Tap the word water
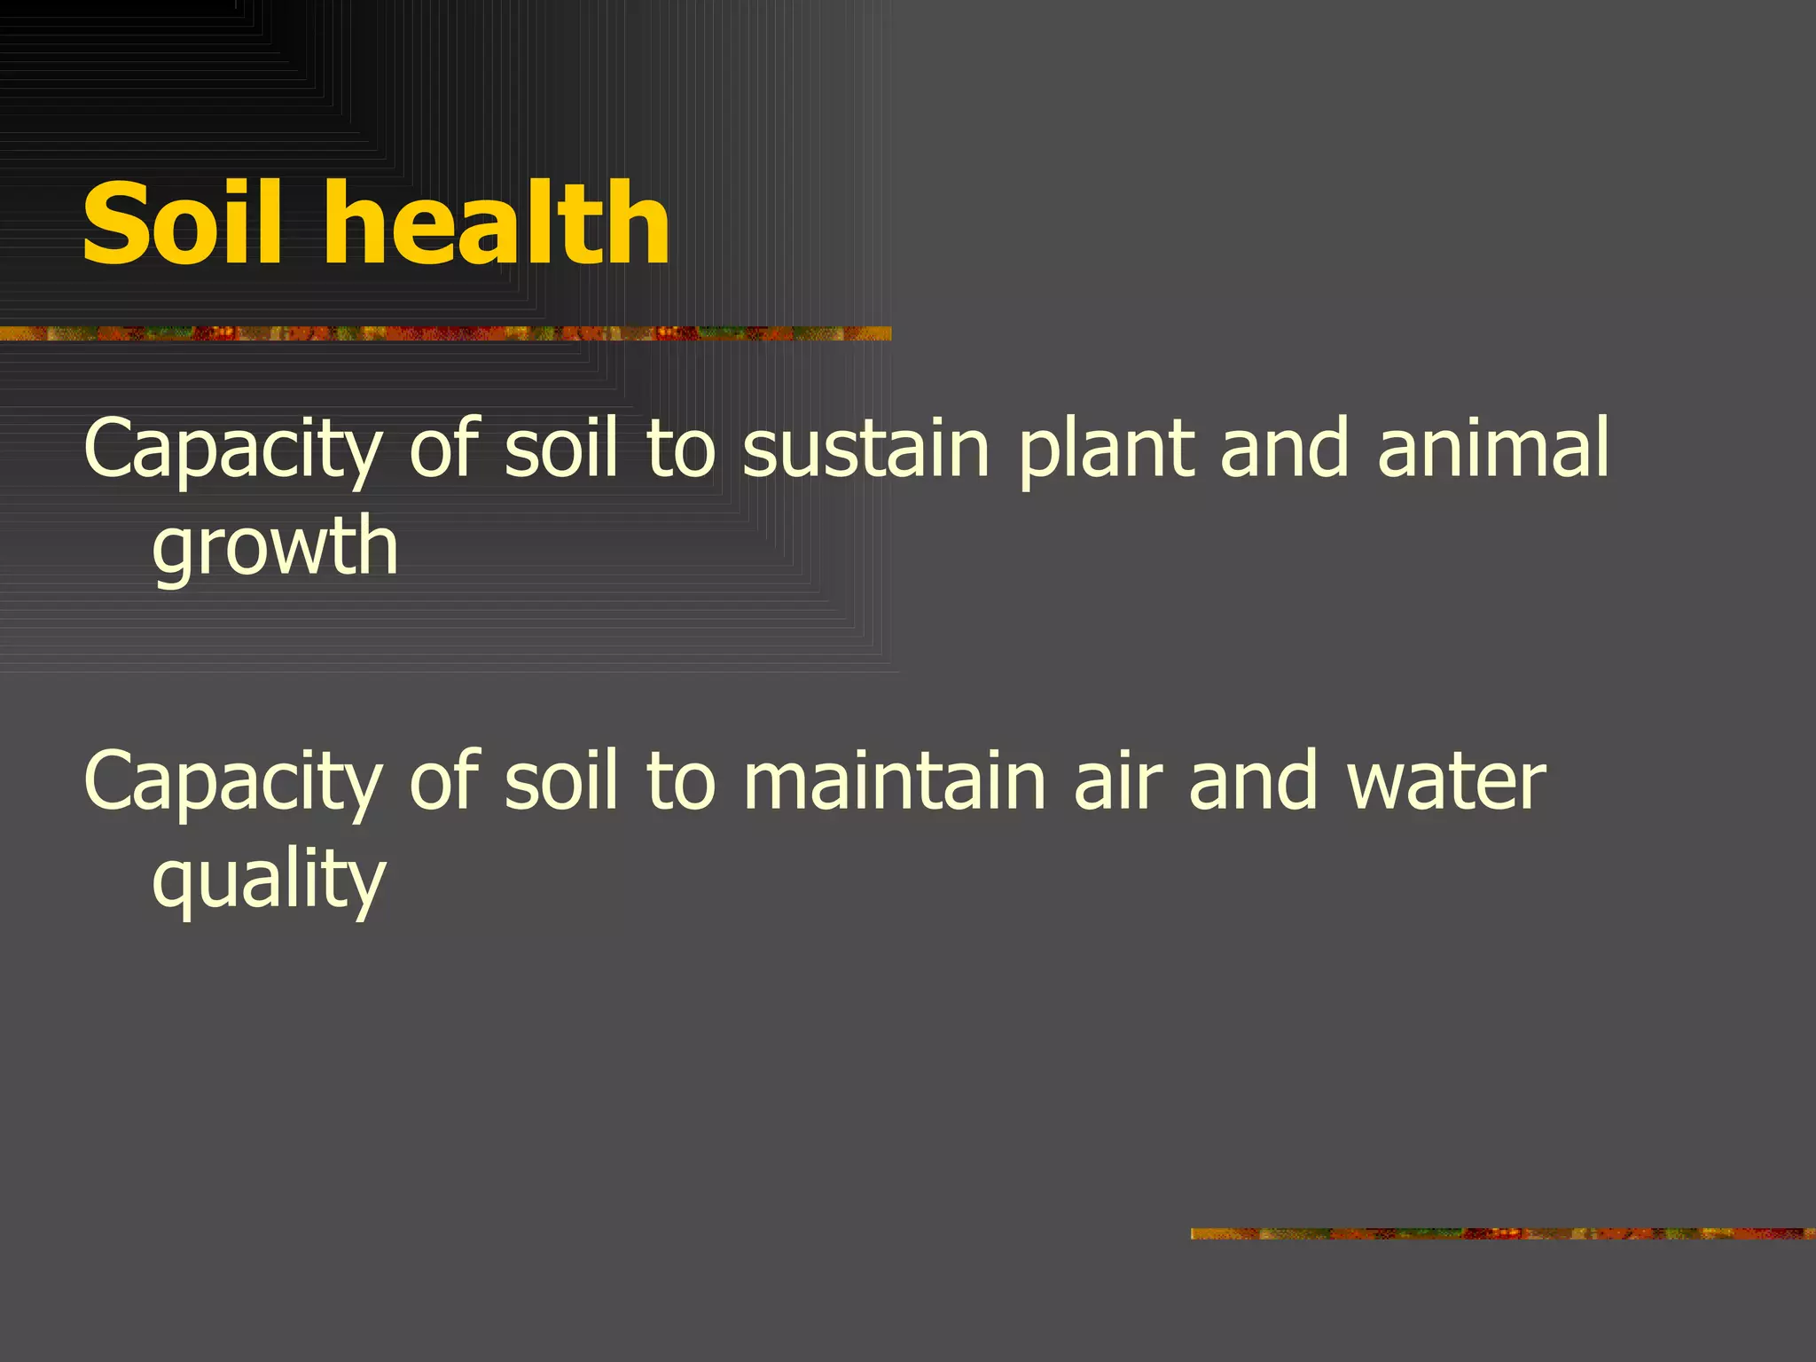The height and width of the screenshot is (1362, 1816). click(x=1446, y=782)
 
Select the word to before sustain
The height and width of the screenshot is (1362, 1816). click(x=680, y=450)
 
